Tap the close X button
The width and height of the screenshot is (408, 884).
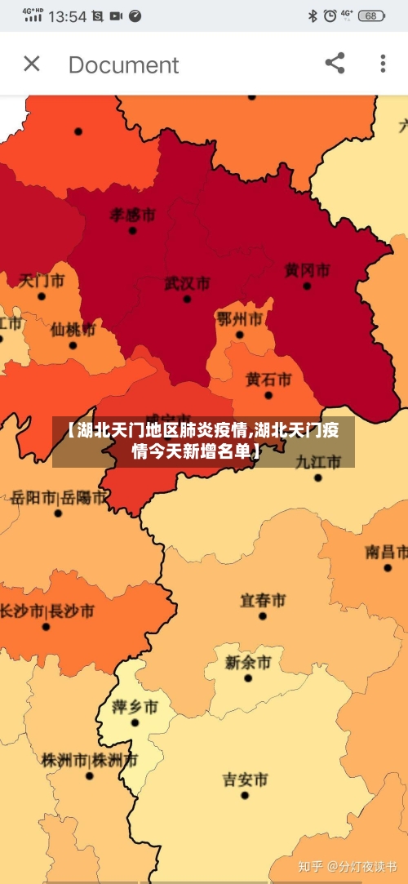[32, 64]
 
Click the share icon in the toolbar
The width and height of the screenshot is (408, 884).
[335, 64]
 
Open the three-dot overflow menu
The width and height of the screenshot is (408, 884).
[383, 64]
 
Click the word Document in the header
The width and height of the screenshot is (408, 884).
[123, 64]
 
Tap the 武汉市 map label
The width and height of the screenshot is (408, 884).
[187, 283]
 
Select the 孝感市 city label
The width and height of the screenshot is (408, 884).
[132, 215]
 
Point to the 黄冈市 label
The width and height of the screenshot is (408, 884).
[307, 269]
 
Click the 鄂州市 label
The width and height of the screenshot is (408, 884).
[239, 318]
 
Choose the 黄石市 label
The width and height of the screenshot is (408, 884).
[268, 380]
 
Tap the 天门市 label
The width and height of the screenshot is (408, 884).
[42, 280]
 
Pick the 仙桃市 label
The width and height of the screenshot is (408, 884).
[73, 330]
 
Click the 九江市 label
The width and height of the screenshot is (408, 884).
[318, 461]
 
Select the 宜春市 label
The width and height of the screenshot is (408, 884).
[262, 600]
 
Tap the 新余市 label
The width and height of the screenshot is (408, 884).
[247, 662]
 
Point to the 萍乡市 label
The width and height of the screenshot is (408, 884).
[135, 706]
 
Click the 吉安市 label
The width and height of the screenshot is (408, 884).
[245, 780]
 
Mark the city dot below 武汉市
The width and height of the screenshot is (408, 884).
[187, 300]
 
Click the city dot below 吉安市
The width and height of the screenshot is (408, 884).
[245, 795]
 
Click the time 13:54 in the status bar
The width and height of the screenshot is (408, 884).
[67, 16]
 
